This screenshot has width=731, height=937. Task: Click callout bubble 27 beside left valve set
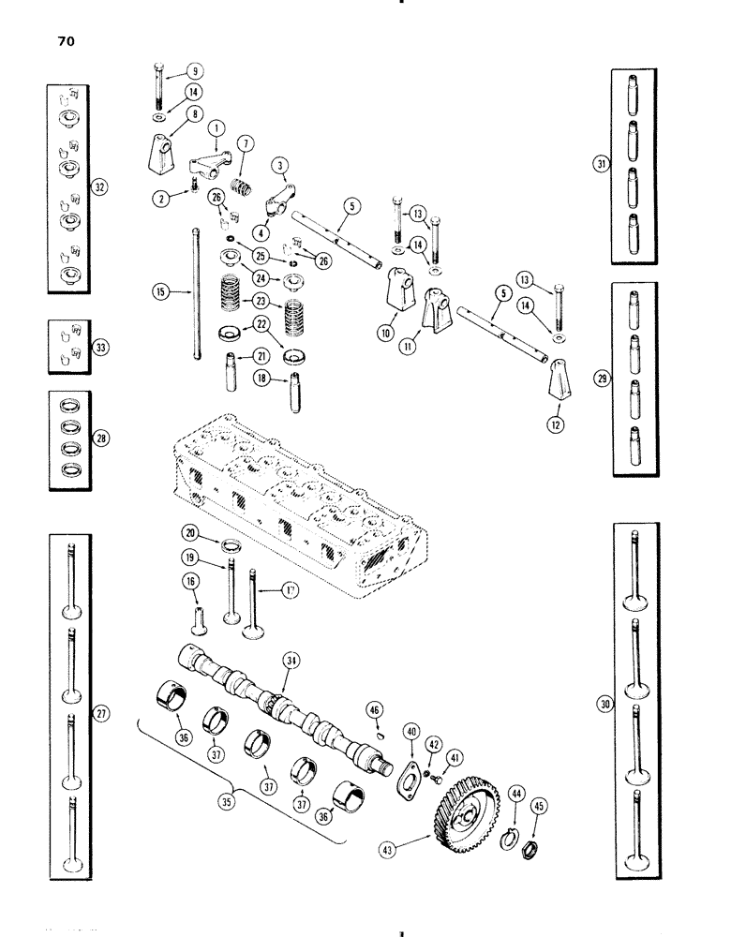(103, 713)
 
